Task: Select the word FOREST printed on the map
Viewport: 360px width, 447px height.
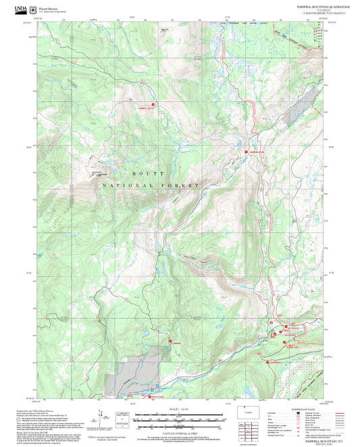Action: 187,184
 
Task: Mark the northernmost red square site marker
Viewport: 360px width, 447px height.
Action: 153,104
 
